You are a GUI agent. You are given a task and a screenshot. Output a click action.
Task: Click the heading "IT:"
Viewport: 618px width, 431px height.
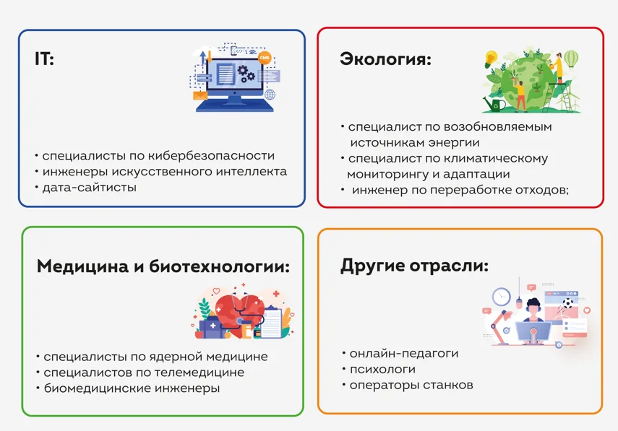[44, 58]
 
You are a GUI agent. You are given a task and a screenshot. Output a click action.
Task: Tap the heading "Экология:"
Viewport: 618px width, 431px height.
[385, 59]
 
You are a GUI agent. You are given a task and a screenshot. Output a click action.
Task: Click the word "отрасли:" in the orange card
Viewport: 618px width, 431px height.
[449, 266]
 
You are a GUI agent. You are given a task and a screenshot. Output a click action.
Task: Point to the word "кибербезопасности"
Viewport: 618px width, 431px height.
[211, 156]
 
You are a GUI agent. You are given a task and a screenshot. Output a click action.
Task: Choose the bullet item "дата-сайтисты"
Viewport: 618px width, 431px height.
[90, 188]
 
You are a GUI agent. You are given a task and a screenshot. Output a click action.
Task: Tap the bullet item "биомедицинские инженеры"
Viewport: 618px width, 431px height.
[132, 388]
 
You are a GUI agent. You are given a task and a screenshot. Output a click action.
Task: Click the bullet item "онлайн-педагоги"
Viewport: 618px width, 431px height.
[404, 354]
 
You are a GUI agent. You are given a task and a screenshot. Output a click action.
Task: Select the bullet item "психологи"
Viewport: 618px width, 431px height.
[382, 369]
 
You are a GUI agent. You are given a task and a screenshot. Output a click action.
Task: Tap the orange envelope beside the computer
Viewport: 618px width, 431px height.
[200, 95]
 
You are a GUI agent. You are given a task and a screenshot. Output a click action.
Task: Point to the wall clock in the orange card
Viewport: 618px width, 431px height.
[502, 297]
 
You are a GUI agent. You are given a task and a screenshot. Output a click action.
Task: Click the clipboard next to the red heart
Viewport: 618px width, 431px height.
[272, 323]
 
